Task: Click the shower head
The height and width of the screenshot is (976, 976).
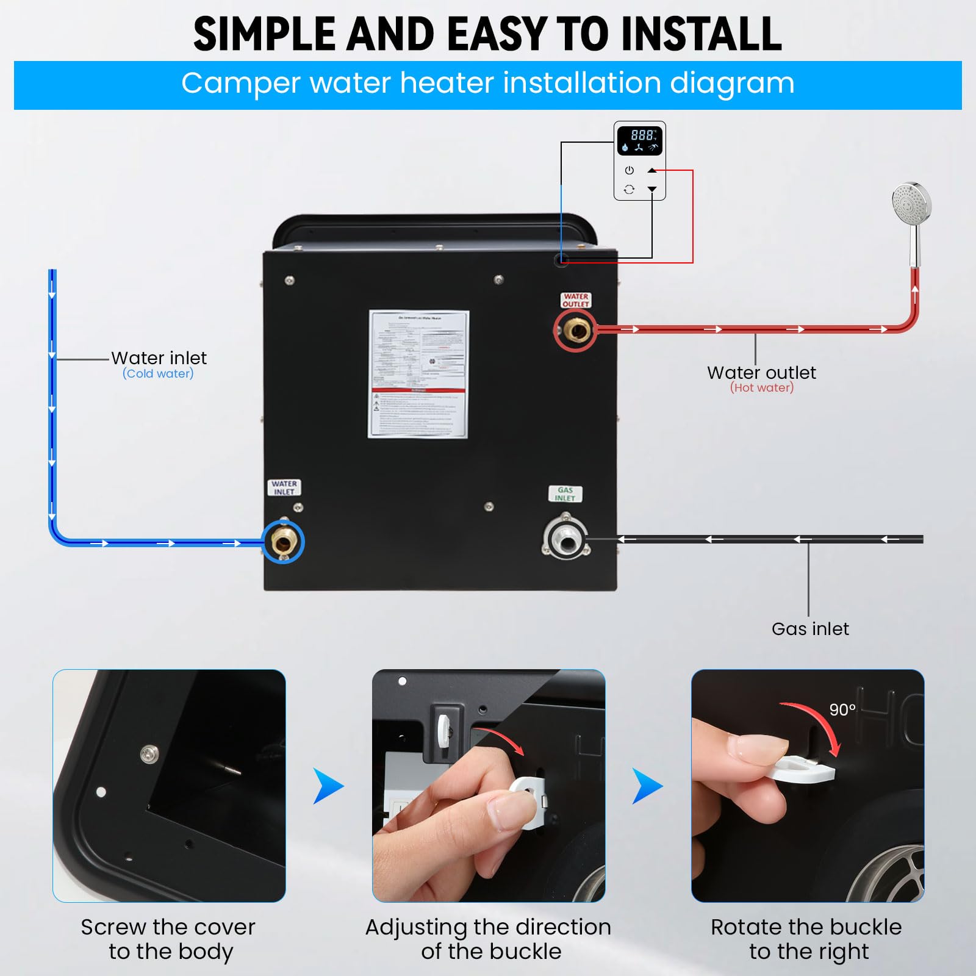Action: (x=911, y=201)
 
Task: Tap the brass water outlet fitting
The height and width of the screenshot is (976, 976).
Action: (x=575, y=330)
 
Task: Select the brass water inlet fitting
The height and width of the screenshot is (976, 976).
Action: (x=283, y=541)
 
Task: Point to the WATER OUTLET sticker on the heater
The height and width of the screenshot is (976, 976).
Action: (x=576, y=300)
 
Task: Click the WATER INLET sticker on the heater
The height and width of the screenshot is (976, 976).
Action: (x=284, y=487)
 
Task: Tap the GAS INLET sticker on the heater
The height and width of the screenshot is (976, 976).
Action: (x=565, y=493)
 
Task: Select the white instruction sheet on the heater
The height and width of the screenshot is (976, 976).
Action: (x=418, y=374)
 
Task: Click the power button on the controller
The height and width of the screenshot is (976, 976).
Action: (x=630, y=170)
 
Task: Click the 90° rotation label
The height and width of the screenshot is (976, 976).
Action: (x=842, y=709)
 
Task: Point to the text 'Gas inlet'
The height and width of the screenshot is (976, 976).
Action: (x=810, y=629)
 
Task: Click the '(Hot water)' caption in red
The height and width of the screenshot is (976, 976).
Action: (x=762, y=387)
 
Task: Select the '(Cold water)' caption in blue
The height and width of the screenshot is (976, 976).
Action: (x=158, y=373)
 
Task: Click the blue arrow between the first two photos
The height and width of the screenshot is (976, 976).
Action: (x=328, y=786)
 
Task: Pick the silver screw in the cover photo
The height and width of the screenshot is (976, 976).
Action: (x=149, y=754)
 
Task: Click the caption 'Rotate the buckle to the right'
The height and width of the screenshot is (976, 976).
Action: (x=807, y=939)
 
